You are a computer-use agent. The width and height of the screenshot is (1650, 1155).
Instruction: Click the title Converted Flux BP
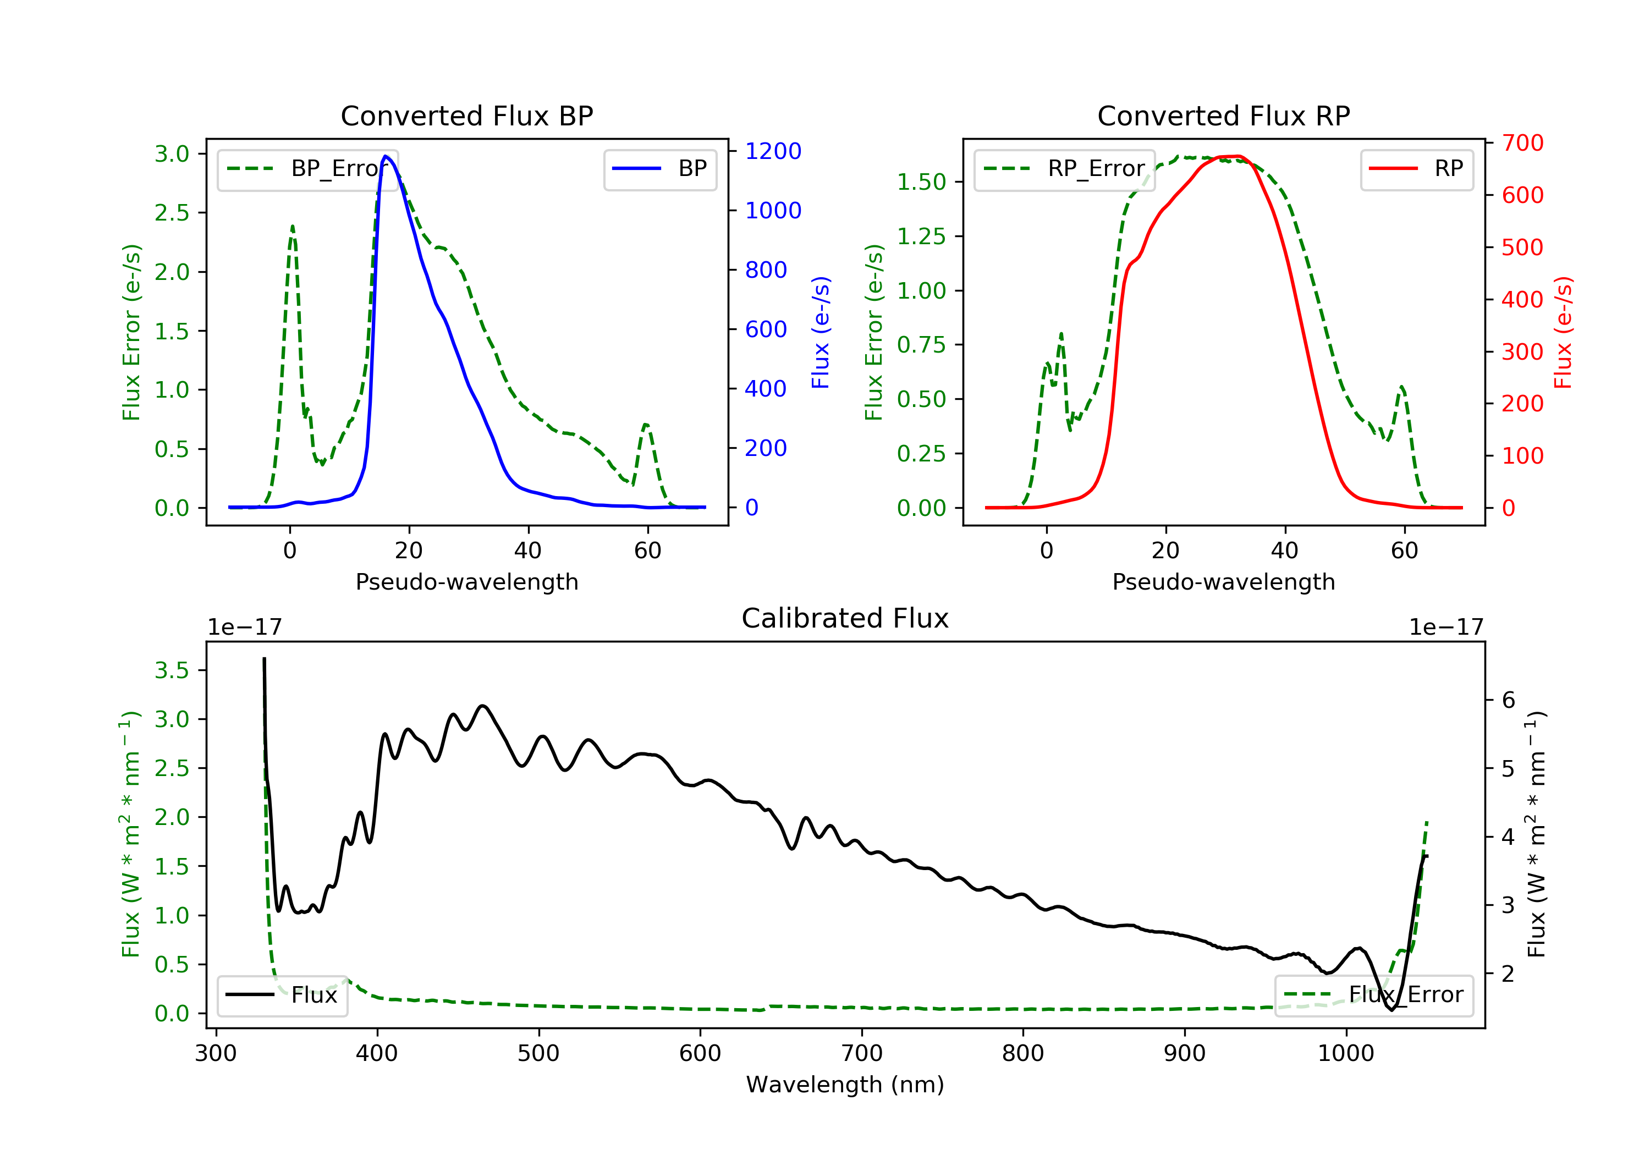click(x=466, y=116)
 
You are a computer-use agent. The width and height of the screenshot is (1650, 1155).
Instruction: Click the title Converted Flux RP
click(x=1223, y=116)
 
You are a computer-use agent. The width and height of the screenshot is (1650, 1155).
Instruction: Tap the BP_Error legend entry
click(x=307, y=169)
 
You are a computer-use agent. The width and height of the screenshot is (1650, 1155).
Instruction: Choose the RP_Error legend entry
click(x=1064, y=169)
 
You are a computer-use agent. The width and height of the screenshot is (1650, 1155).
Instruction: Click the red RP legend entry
click(x=1416, y=169)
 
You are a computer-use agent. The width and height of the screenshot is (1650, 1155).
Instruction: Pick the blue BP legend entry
click(x=659, y=169)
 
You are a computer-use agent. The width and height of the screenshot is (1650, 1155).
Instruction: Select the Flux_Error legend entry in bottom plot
click(x=1373, y=995)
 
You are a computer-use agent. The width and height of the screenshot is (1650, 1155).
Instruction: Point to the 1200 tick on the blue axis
click(x=773, y=151)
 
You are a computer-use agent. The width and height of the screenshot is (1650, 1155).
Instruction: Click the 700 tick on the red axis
click(x=1522, y=143)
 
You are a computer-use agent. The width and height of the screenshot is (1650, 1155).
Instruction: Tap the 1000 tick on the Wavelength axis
click(x=1345, y=1054)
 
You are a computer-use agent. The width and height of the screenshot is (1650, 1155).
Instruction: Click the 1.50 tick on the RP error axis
click(x=921, y=182)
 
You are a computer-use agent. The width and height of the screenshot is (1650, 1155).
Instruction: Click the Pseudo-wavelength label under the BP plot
click(x=466, y=581)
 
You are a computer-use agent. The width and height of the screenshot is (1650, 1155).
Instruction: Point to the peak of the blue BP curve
click(x=386, y=156)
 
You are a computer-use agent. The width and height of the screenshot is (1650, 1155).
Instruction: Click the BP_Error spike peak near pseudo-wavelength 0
click(x=291, y=227)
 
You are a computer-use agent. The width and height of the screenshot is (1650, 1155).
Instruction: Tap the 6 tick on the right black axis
click(x=1509, y=700)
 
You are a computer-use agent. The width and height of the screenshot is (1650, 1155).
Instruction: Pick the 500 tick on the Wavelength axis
click(x=538, y=1054)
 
